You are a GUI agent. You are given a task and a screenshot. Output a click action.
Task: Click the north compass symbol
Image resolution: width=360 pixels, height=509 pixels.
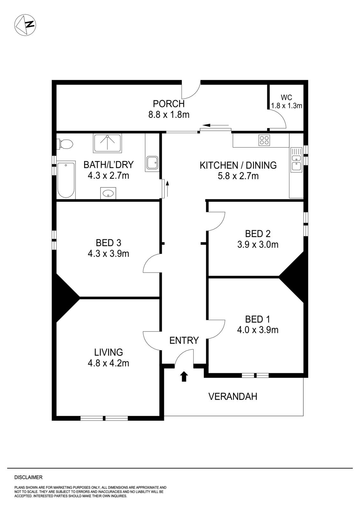(25, 25)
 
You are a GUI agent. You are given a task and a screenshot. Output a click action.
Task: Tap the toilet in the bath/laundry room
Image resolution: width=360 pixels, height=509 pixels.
(65, 144)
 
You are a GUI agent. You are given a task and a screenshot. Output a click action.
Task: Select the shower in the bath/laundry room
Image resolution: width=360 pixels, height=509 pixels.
(107, 143)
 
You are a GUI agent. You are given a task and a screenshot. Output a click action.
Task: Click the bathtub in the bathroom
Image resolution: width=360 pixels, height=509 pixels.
(66, 180)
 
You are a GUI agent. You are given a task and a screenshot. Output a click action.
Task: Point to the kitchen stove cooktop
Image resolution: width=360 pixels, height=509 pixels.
(264, 140)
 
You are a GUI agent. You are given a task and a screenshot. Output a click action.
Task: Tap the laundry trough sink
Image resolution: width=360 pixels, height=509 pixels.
(152, 163)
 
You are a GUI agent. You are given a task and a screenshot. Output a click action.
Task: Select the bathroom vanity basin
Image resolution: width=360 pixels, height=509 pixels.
(108, 193)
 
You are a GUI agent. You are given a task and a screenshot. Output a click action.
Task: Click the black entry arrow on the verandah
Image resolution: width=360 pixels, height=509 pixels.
(184, 377)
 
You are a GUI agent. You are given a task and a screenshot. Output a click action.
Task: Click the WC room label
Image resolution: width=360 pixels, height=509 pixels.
(286, 97)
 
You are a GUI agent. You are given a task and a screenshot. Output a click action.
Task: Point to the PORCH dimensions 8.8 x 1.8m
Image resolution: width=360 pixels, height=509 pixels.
(169, 115)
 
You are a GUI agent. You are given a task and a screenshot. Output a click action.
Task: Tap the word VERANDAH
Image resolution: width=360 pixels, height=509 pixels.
(233, 396)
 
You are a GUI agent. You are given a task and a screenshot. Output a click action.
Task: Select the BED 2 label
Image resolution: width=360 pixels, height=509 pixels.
(258, 234)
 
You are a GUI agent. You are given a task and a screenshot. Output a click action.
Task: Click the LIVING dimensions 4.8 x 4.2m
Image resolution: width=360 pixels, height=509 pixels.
(108, 363)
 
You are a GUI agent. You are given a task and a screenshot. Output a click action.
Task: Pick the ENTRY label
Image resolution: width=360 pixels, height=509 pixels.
(184, 340)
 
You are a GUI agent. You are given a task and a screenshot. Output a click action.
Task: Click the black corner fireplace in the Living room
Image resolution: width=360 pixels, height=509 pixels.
(65, 298)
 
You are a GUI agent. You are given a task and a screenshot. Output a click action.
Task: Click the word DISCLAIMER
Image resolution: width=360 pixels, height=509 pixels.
(28, 477)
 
